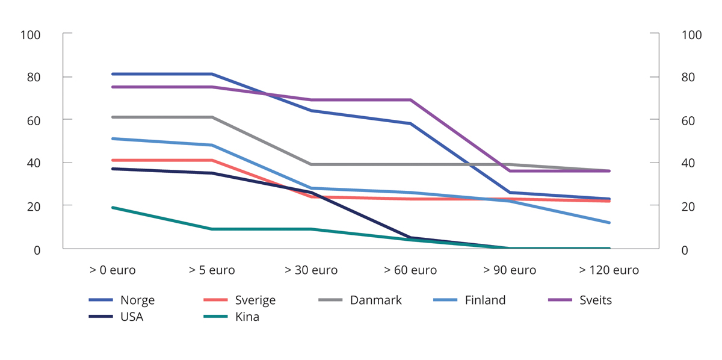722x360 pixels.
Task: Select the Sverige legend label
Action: [x=255, y=300]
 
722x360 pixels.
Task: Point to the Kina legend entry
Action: [x=247, y=317]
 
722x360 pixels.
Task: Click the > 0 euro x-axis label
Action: [x=113, y=270]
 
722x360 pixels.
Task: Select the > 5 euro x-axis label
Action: [x=212, y=270]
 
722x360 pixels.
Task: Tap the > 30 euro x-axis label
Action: [x=311, y=270]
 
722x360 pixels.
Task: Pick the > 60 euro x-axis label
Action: [x=410, y=270]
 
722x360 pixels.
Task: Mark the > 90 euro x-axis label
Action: [x=510, y=270]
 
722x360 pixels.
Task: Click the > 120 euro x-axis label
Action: [x=609, y=270]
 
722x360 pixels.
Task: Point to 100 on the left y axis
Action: [x=30, y=35]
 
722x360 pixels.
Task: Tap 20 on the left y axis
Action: [x=34, y=206]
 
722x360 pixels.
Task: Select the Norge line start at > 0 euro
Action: [x=113, y=74]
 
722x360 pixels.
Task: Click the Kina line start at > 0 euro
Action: [x=113, y=208]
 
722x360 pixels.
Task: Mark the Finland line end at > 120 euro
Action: [x=609, y=223]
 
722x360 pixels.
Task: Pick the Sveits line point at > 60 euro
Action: [x=410, y=100]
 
